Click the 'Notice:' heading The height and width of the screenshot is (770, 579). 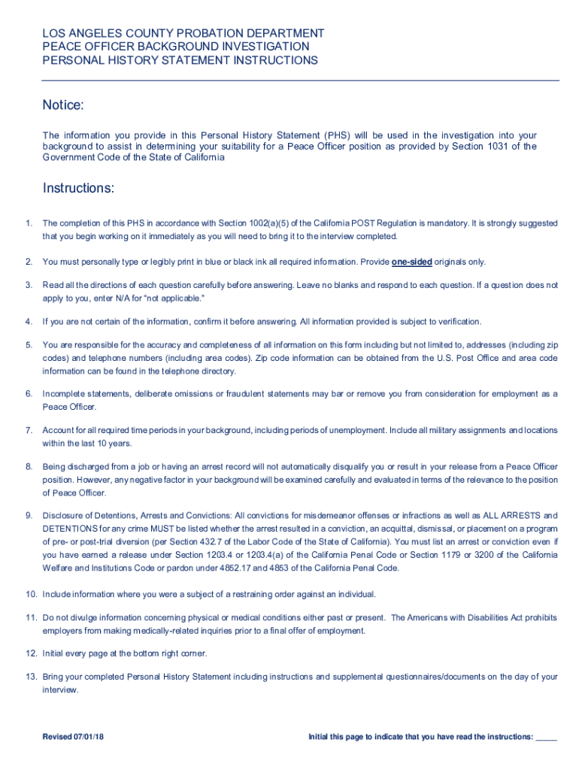point(63,105)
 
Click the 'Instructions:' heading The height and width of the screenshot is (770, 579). point(78,188)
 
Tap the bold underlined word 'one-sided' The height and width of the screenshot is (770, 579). point(411,262)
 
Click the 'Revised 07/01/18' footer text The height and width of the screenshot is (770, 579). point(73,736)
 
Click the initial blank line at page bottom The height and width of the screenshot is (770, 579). point(547,738)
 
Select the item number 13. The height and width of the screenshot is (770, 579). point(31,677)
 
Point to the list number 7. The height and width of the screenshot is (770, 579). point(29,430)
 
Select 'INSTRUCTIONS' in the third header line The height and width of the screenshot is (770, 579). point(269,60)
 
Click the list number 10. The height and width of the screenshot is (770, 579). point(31,594)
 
